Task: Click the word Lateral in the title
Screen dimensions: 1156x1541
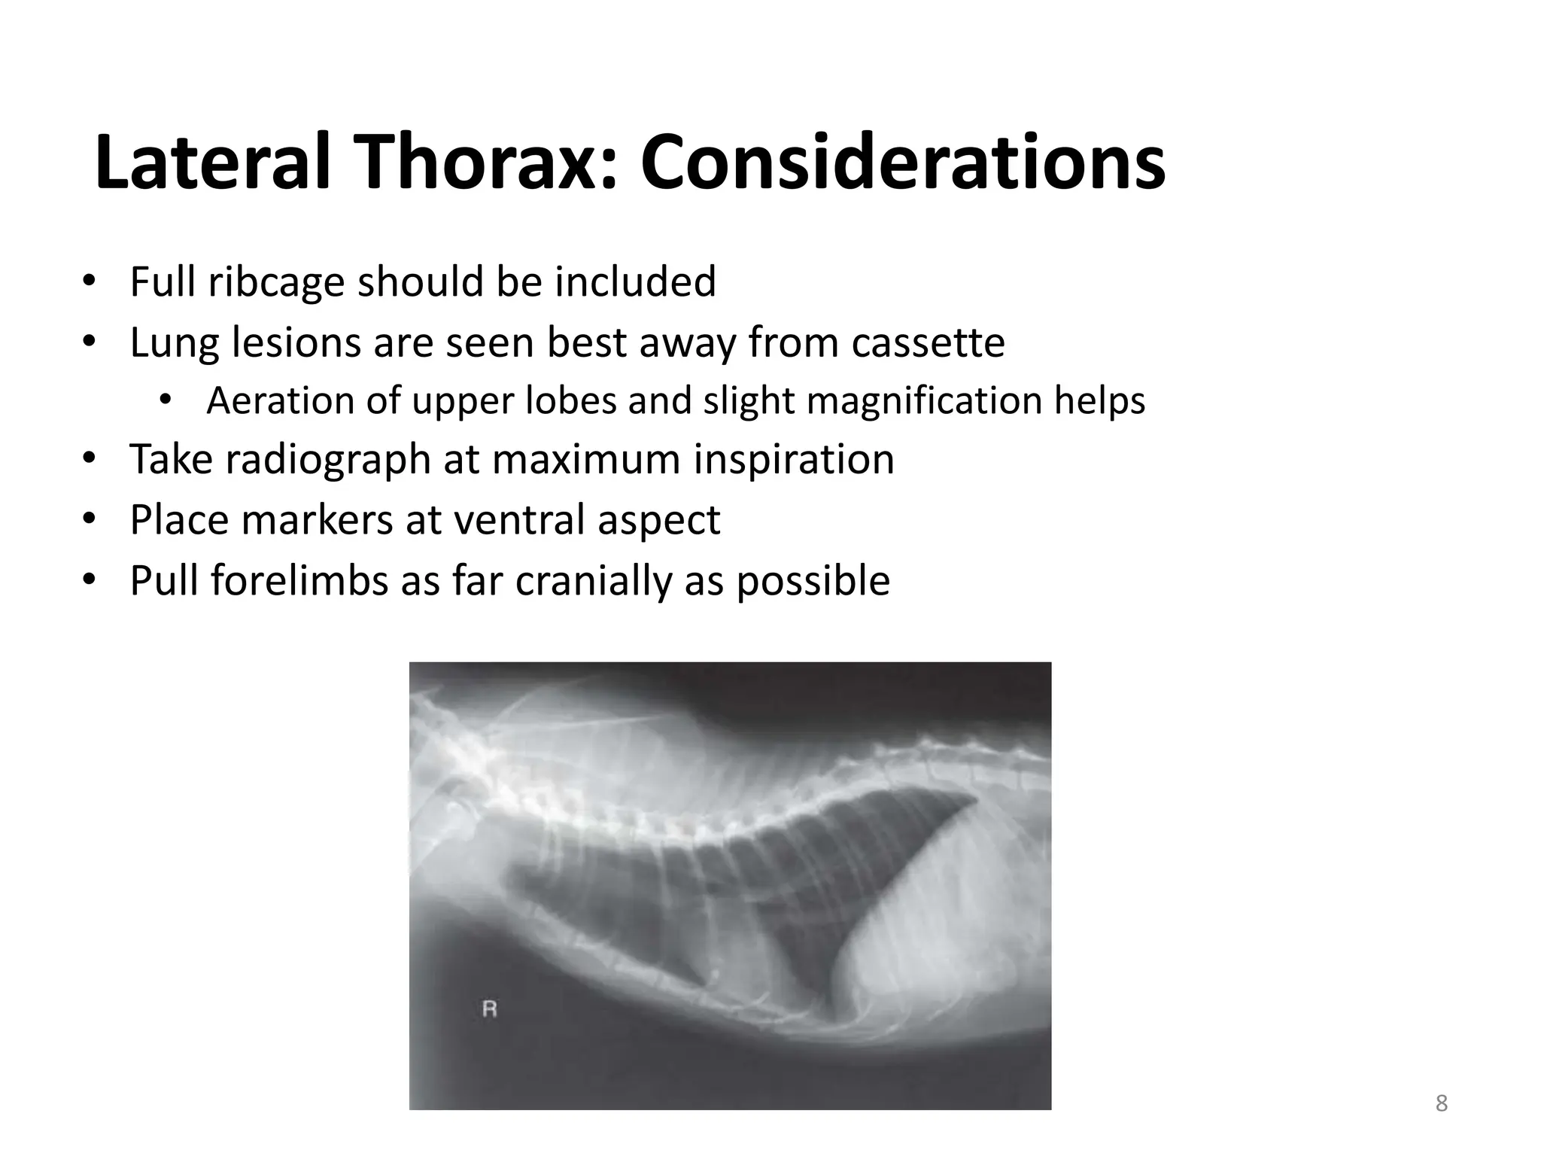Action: pos(213,163)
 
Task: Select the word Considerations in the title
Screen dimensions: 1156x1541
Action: pos(903,163)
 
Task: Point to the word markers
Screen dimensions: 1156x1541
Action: pos(318,519)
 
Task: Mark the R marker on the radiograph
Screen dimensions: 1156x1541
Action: pos(489,1009)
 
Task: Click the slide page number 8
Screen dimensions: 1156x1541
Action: pos(1441,1103)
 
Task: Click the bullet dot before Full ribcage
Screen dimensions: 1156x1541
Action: pos(90,282)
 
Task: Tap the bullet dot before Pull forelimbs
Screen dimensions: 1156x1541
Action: pos(90,580)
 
